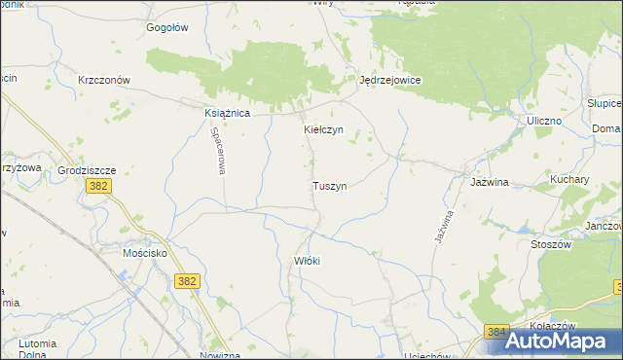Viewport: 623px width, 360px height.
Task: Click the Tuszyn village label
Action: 329,185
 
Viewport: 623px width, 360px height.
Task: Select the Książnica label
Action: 228,114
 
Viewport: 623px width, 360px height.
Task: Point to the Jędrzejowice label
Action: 389,81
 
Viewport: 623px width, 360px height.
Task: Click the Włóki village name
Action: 307,261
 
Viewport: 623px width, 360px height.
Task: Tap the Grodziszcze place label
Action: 87,169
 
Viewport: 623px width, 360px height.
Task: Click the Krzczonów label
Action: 104,81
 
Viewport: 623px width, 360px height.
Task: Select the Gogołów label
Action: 166,27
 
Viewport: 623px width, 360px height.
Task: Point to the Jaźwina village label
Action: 490,182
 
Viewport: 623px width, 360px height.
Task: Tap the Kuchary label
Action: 569,180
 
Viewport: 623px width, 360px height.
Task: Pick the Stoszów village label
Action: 550,244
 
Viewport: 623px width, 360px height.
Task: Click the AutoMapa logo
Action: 551,340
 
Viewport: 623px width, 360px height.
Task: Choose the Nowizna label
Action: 219,355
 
